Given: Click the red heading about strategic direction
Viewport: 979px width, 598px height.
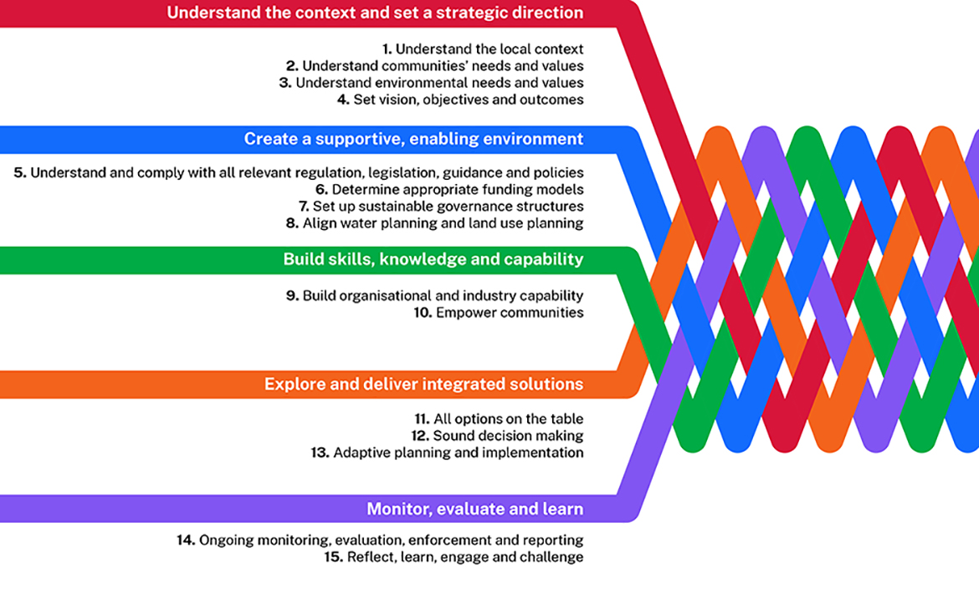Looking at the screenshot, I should point(375,13).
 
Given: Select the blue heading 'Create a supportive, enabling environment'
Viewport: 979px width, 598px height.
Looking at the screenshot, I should point(413,139).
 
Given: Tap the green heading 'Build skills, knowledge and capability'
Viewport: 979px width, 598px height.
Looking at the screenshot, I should point(433,259).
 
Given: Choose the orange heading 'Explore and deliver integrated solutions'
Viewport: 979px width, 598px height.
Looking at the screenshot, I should point(423,385).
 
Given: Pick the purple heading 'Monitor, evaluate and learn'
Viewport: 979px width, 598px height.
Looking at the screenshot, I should point(474,509).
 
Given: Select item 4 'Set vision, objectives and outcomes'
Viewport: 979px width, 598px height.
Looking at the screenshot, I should point(459,100).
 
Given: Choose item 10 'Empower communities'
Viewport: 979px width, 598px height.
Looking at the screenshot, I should point(498,313).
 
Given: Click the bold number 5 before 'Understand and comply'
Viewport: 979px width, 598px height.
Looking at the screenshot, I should point(20,173).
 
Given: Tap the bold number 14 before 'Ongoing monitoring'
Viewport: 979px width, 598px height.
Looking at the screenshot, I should point(185,540).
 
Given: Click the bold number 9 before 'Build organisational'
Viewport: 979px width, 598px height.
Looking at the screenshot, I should point(292,296).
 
